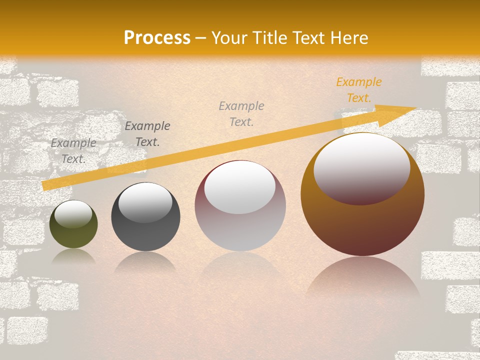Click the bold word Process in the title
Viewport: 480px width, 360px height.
coord(157,38)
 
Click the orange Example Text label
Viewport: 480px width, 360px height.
coord(358,90)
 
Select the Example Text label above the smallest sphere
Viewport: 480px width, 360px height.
coord(73,151)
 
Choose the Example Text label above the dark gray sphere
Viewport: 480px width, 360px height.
coord(147,134)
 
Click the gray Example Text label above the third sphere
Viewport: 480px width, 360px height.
coord(241,113)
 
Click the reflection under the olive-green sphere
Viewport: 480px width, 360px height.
coord(73,256)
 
